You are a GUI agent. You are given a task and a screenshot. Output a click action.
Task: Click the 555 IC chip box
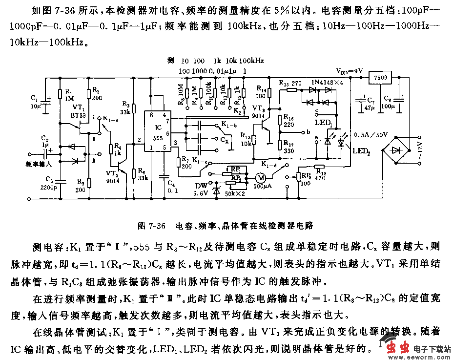point(157,133)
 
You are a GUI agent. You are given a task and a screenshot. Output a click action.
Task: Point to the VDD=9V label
point(349,71)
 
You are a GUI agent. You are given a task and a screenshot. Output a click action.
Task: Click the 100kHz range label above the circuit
point(252,61)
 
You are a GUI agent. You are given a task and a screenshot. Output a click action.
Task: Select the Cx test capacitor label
point(225,139)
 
